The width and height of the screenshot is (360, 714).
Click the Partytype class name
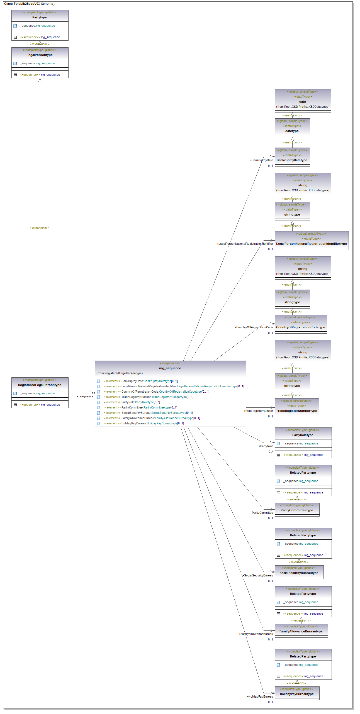tap(40, 18)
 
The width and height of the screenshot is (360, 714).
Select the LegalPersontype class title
tap(40, 55)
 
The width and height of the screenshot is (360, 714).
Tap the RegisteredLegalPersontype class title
tap(40, 385)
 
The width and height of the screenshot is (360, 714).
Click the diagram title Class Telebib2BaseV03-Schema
tap(29, 4)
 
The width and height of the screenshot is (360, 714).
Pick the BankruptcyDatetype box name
tap(292, 160)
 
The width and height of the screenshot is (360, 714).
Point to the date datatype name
tap(303, 102)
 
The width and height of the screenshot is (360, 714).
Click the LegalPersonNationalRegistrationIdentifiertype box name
tap(311, 244)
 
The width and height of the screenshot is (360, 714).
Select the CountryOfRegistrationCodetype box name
tap(300, 327)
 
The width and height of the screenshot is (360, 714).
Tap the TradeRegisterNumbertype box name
tap(296, 411)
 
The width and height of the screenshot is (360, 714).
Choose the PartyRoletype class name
tap(303, 435)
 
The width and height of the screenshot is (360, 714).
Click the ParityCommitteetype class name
tap(297, 510)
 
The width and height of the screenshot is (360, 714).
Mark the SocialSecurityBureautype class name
tap(299, 573)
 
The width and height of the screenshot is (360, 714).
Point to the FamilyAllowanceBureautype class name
tap(301, 632)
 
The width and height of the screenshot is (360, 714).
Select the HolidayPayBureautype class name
tap(297, 694)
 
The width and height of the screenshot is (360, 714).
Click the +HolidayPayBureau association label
tap(260, 697)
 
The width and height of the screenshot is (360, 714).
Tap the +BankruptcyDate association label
tap(261, 160)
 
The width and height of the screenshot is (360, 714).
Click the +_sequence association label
tap(85, 397)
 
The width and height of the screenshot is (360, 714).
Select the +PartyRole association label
tap(266, 446)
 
